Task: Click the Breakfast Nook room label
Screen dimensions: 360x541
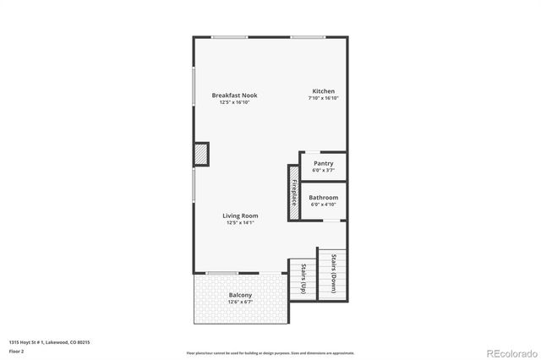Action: pos(234,95)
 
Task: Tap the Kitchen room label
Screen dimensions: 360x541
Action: pos(324,91)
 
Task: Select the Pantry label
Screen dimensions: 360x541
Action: pos(323,163)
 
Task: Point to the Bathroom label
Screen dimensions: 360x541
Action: pos(323,197)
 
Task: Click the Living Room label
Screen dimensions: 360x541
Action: pos(239,215)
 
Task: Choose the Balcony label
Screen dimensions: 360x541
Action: pos(240,295)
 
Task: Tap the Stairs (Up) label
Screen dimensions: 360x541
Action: pos(303,279)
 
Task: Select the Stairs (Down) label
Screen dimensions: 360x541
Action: pos(333,272)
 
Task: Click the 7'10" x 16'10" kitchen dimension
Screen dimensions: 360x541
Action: pos(324,99)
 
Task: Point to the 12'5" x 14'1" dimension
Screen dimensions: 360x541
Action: pos(239,223)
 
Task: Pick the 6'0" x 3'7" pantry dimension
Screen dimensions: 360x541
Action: pos(323,171)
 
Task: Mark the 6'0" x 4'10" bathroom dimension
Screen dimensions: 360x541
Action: pos(323,205)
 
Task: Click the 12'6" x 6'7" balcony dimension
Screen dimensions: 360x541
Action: pos(240,303)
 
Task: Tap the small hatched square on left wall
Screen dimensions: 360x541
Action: pos(201,155)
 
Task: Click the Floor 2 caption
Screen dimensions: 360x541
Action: pos(17,352)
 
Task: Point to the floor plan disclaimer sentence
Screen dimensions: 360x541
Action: pos(270,352)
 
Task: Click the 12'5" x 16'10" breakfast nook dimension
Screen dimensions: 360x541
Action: pos(234,103)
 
